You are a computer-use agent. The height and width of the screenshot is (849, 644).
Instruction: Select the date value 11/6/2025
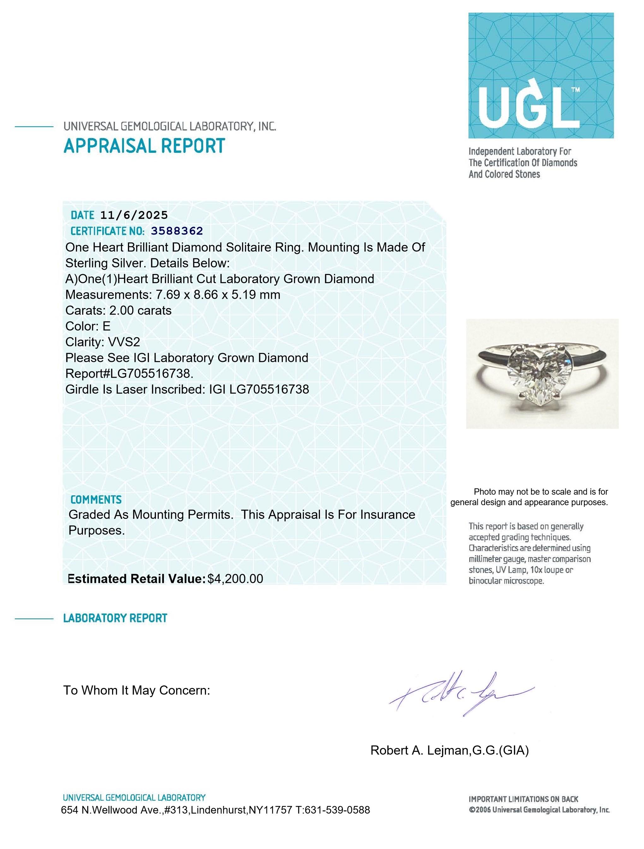tap(134, 215)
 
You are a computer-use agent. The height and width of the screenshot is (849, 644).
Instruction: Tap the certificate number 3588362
tap(177, 231)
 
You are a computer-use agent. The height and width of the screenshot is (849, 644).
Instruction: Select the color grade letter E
tap(106, 326)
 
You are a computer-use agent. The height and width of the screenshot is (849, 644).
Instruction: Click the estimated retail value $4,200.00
tap(235, 578)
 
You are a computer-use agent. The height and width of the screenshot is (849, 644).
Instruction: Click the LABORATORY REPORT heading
tap(115, 618)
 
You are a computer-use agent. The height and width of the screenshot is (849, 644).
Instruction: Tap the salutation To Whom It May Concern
tap(137, 691)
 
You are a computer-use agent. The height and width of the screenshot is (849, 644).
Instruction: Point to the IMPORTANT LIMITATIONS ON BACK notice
tap(523, 799)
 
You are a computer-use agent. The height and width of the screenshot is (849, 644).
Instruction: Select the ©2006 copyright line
tap(539, 810)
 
